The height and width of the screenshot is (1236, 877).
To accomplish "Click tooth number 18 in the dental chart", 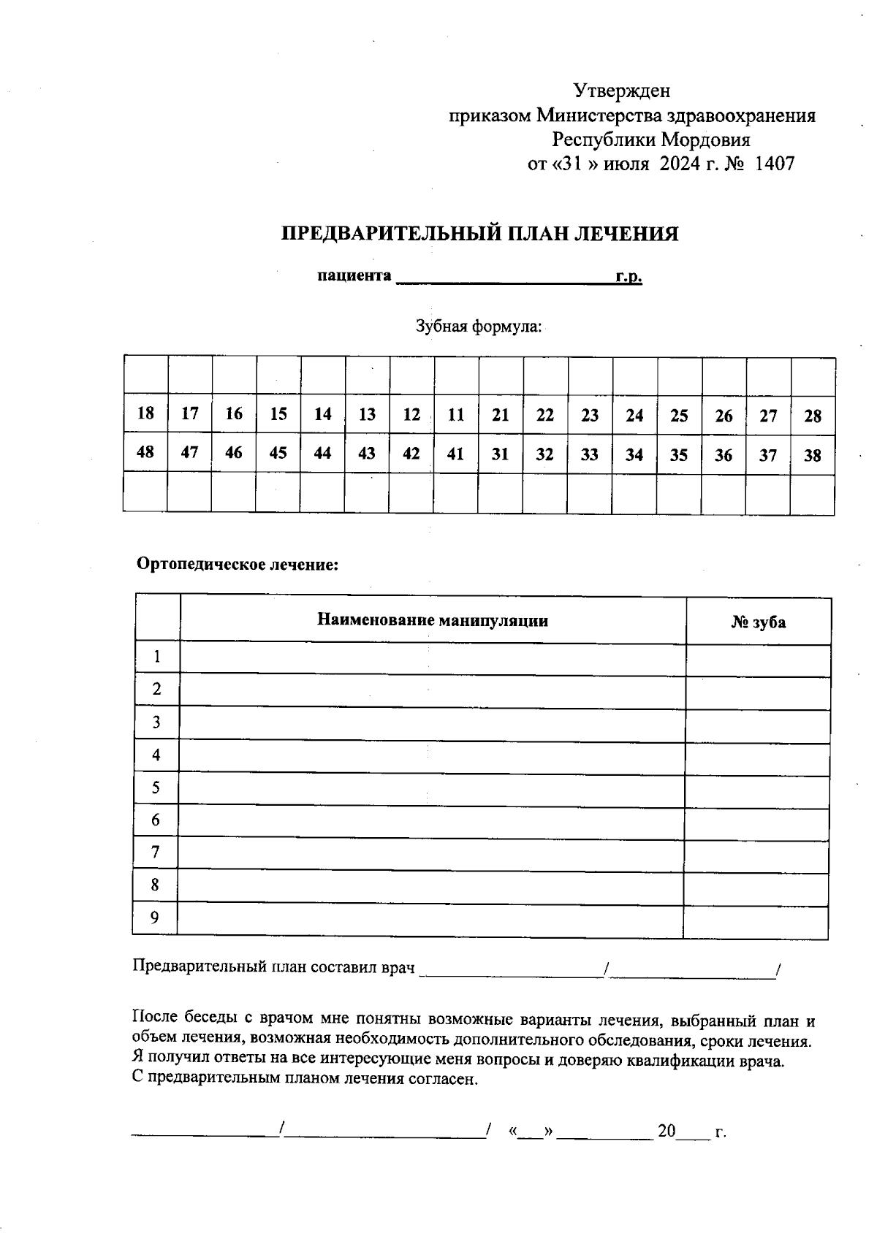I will tap(145, 413).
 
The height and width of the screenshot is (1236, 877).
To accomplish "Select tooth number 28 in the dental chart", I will tap(813, 416).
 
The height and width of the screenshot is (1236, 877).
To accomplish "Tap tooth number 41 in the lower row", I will tap(455, 454).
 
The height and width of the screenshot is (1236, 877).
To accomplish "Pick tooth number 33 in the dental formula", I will tap(589, 455).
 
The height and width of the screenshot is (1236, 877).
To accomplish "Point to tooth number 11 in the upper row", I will tap(456, 415).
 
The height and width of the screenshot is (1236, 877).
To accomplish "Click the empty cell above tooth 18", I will tap(146, 375).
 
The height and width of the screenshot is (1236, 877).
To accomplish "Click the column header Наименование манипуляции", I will tap(433, 621).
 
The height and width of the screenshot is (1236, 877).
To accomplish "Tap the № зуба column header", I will tap(758, 622).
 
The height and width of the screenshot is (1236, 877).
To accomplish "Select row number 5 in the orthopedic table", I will tap(156, 787).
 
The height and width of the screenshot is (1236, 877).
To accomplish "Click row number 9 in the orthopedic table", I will tap(154, 918).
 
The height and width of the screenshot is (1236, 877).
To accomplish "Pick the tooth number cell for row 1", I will tap(758, 660).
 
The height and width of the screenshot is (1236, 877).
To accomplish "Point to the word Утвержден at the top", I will tap(621, 91).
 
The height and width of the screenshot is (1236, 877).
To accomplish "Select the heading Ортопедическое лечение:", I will tap(238, 565).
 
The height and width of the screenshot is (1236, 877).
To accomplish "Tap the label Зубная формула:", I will tap(479, 327).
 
